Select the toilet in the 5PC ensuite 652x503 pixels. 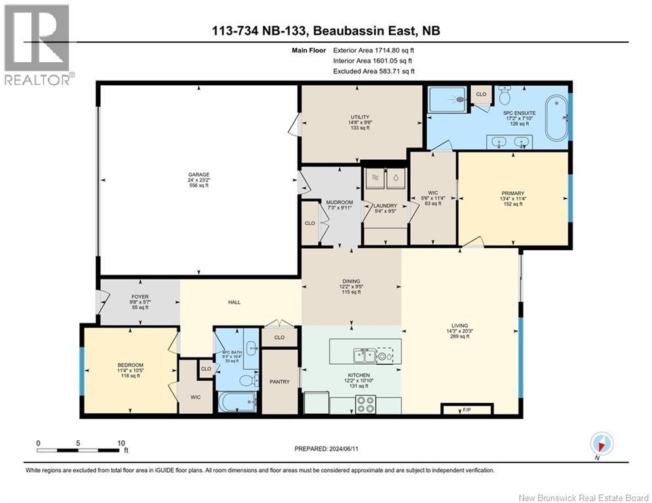click(x=505, y=96)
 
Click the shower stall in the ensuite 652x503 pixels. click(x=447, y=100)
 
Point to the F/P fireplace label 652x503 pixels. click(x=467, y=410)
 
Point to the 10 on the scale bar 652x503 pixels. click(x=121, y=443)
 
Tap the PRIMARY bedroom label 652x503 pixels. click(x=512, y=193)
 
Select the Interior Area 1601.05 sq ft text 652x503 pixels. click(x=374, y=60)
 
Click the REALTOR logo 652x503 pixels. click(x=37, y=46)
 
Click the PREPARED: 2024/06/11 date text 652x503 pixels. click(x=328, y=449)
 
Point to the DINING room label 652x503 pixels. click(x=351, y=282)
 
